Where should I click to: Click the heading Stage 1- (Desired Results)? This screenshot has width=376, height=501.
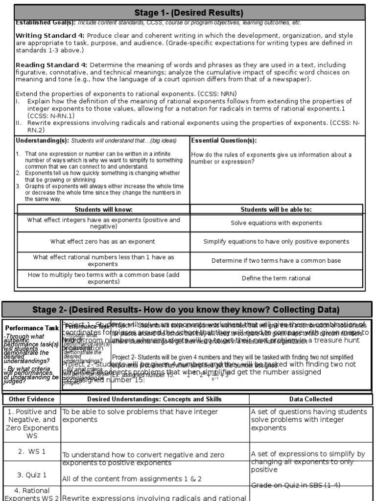(x=188, y=12)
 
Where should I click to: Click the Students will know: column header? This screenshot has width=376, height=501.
(x=103, y=209)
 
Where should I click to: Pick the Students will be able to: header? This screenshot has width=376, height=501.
(x=276, y=209)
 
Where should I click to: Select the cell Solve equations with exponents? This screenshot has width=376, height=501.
(x=276, y=223)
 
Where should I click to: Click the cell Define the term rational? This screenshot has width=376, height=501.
(x=276, y=278)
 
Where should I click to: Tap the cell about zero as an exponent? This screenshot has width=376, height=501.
(x=103, y=241)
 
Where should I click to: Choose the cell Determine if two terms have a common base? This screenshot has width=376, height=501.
(x=276, y=260)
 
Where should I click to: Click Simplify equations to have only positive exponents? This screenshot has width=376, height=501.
(x=276, y=242)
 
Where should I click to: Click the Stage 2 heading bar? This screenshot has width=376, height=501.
(x=186, y=309)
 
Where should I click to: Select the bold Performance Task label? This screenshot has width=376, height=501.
(x=31, y=328)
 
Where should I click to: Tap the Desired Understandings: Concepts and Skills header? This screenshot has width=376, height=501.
(x=154, y=399)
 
